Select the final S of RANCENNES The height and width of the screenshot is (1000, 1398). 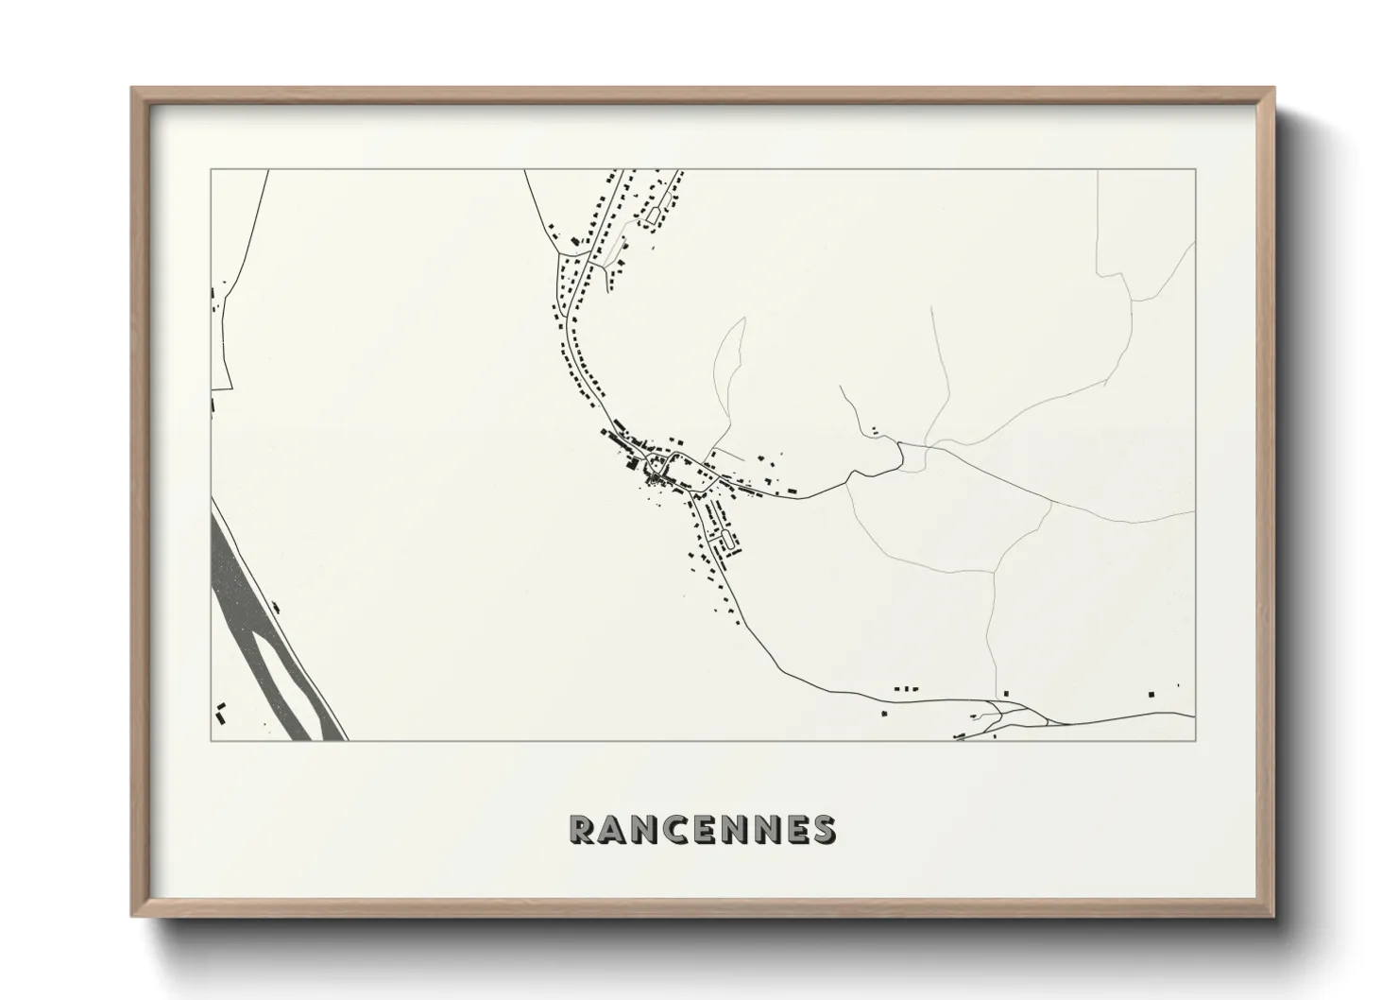(x=823, y=829)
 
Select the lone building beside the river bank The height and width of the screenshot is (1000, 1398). (x=276, y=610)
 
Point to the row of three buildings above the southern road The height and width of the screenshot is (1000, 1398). (x=905, y=689)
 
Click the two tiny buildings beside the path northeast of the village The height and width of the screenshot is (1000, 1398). (x=875, y=431)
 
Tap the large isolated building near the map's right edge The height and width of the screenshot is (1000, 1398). (x=1151, y=695)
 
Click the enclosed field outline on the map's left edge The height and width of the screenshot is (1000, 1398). (x=221, y=340)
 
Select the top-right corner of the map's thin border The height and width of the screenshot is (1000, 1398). (x=1196, y=170)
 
